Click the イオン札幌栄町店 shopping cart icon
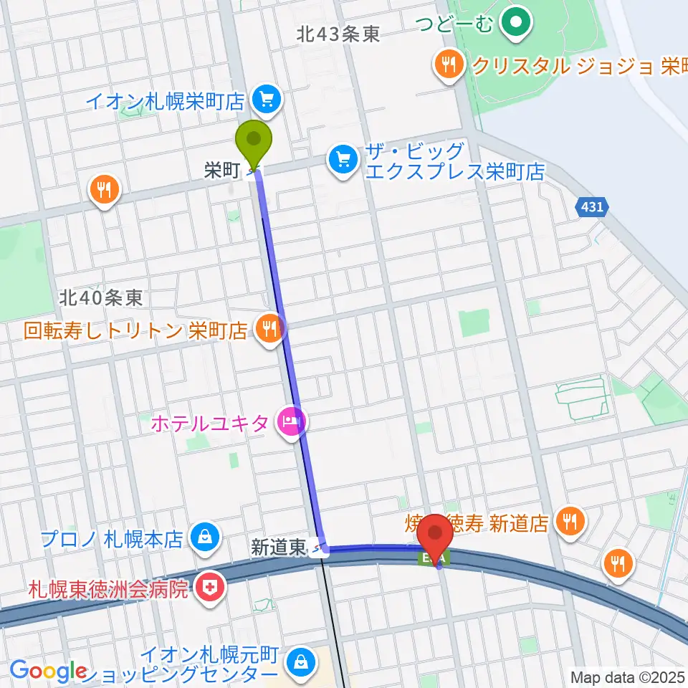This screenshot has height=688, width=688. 268,98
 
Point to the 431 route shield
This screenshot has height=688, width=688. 593,207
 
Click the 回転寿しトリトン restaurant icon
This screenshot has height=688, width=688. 270,329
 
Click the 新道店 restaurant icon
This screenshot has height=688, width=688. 570,521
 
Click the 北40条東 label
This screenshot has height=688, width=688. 101,297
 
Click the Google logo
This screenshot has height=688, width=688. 48,671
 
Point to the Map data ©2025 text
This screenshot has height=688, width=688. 628,676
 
